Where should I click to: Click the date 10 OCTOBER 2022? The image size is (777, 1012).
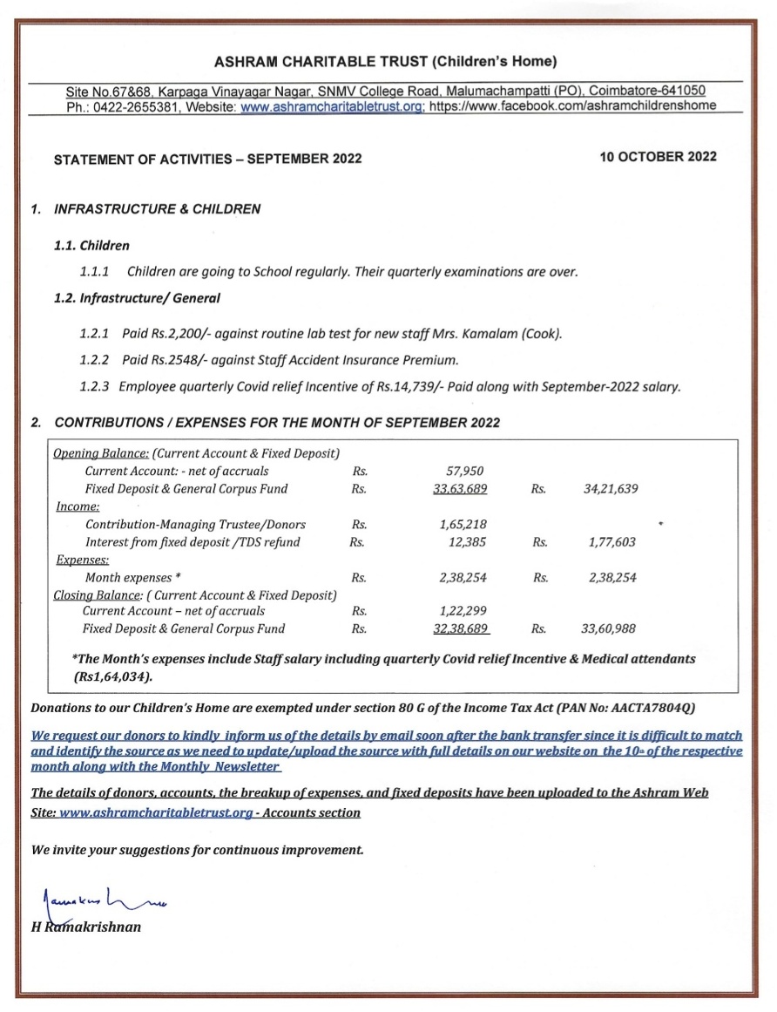point(658,157)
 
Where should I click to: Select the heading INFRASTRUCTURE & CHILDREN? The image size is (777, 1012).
point(157,209)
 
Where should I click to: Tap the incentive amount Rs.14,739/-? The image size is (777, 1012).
point(403,386)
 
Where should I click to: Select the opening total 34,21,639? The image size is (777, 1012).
point(611,489)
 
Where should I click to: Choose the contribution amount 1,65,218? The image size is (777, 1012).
point(459,525)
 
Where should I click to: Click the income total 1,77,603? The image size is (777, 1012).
point(612,542)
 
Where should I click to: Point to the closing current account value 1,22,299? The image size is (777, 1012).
point(459,611)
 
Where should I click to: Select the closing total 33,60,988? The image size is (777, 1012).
point(609,628)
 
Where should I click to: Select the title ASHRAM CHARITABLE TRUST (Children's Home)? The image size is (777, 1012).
point(385,61)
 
